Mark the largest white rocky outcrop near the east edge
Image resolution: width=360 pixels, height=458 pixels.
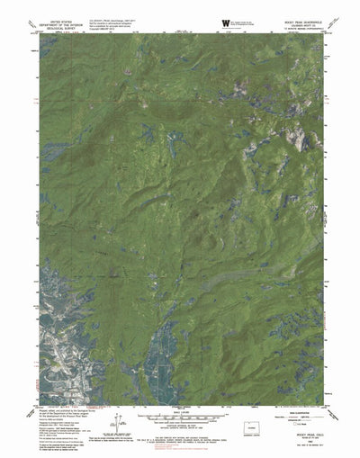coord(297,135)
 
